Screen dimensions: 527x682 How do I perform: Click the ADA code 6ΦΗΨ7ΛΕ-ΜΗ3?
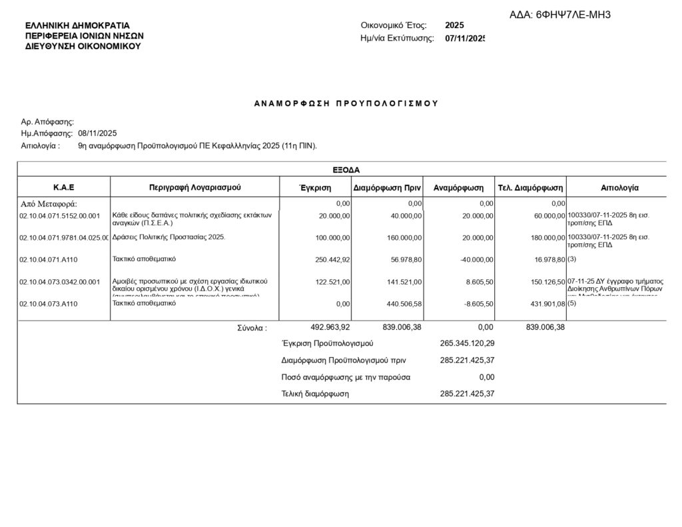[569, 15]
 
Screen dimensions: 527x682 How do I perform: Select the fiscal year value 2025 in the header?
[455, 25]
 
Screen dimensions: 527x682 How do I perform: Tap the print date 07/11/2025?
[466, 39]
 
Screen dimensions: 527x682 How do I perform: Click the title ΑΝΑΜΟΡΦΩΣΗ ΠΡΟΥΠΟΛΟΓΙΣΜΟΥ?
[346, 103]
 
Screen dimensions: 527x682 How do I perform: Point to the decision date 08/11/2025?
[97, 133]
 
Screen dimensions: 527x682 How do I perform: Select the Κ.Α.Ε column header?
[63, 188]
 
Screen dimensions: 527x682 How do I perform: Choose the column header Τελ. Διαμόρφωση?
[531, 188]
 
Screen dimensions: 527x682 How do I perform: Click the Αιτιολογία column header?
[619, 188]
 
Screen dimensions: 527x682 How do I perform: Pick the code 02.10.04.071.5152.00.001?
[60, 216]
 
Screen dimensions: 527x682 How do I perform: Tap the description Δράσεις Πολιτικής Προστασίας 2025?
[169, 237]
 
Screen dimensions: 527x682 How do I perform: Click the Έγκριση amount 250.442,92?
[332, 259]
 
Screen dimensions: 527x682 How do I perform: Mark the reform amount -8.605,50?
[476, 304]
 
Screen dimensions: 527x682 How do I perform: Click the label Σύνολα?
[252, 328]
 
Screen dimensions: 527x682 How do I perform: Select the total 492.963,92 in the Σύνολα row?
[330, 327]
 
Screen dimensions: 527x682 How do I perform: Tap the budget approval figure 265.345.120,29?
[468, 344]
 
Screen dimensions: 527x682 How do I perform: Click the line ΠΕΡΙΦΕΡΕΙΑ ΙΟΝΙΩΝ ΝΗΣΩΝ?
[84, 35]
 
